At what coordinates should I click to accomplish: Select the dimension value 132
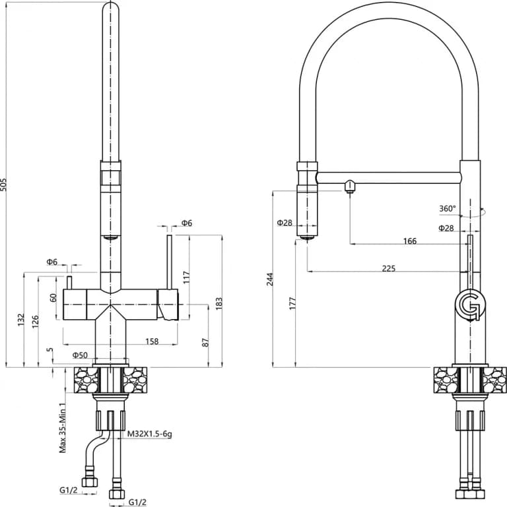22,320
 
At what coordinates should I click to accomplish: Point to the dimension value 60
53,298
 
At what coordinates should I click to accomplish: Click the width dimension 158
151,342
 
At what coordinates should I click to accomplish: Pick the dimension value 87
206,343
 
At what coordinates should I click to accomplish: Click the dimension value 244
271,279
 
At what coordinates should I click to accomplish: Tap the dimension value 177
292,304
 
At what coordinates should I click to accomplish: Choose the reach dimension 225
389,268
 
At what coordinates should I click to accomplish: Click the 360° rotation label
448,209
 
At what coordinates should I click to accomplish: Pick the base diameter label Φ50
81,355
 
